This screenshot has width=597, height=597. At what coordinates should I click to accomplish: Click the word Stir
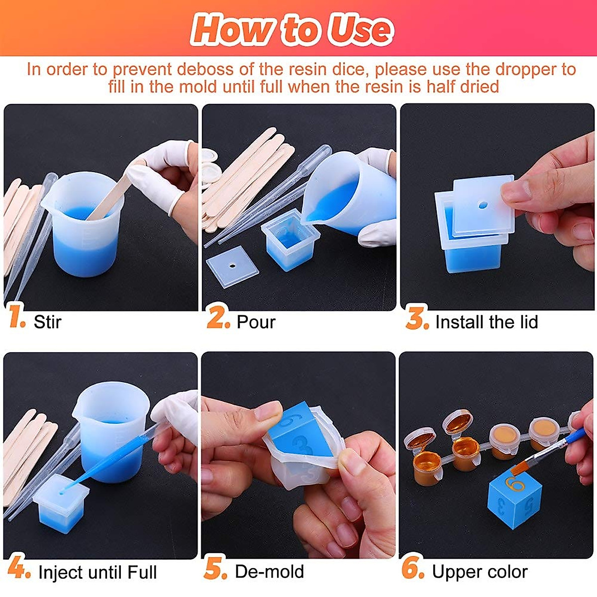[47, 322]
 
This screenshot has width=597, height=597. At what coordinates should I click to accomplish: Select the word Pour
[256, 322]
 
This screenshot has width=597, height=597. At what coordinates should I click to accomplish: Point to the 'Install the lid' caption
[486, 322]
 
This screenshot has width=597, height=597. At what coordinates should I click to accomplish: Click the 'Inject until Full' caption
[98, 572]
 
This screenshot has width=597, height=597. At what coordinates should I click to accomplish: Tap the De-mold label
[269, 572]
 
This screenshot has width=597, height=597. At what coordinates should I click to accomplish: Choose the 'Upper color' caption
[480, 572]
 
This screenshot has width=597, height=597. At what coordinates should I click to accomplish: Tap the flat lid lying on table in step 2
[232, 265]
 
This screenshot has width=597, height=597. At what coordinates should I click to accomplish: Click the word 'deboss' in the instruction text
[205, 69]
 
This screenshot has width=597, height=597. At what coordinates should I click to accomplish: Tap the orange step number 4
[18, 568]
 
